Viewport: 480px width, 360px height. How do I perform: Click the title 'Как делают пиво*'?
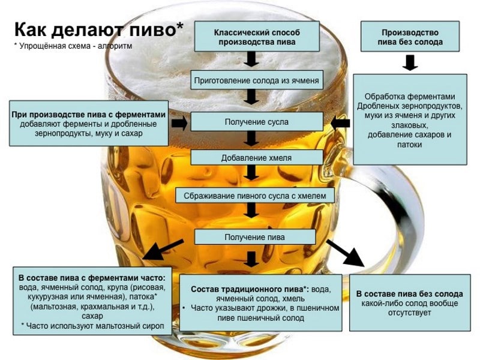[99, 29]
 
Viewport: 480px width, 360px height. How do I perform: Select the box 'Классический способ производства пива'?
[257, 36]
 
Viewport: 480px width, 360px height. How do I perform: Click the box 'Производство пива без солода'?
[410, 36]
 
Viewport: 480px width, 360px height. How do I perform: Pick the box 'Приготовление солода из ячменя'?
[257, 80]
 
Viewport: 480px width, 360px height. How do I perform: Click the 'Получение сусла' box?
[257, 122]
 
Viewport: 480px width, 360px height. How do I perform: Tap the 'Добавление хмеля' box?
[257, 158]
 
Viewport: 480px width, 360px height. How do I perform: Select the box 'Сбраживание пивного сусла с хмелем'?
[255, 196]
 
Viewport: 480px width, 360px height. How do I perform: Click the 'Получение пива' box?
[255, 237]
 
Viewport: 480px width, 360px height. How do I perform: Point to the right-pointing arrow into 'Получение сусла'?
[179, 123]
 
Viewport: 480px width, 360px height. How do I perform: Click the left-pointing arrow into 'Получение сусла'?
[340, 123]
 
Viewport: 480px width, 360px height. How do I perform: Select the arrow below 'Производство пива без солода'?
[410, 63]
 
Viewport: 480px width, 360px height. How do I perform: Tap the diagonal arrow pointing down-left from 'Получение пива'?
[163, 250]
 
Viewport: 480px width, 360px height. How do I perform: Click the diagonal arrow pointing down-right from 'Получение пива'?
[346, 252]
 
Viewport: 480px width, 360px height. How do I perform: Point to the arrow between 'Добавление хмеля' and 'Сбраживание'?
[251, 173]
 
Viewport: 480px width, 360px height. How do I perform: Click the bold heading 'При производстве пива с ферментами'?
[88, 115]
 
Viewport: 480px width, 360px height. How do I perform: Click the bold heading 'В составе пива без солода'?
[410, 294]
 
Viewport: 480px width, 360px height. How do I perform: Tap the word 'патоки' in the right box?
[410, 145]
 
